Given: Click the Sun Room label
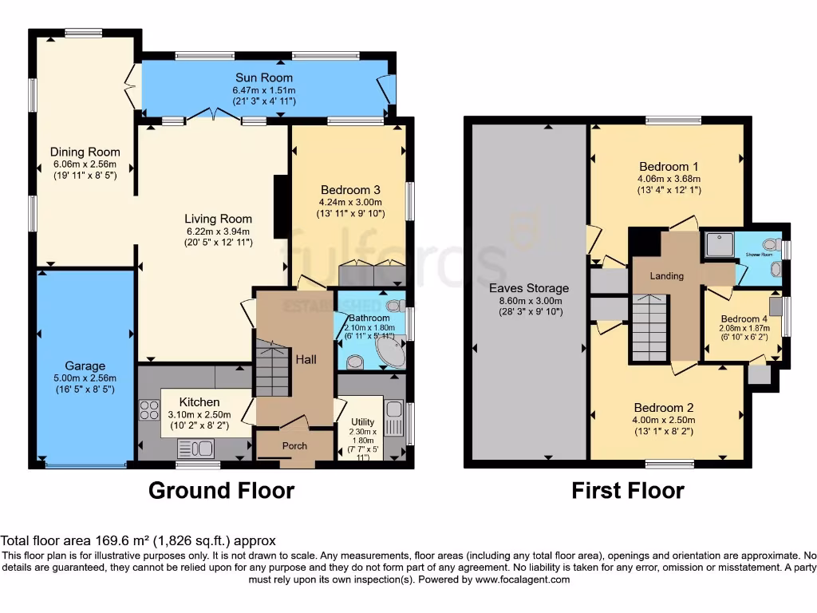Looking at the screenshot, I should tap(263, 77).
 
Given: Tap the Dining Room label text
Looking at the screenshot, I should tap(85, 152).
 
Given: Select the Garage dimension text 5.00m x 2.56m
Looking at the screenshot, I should tap(85, 378).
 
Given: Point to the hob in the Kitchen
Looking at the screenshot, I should tap(149, 409).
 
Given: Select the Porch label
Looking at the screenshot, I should tap(294, 445).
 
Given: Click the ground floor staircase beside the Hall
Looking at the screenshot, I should tap(274, 367).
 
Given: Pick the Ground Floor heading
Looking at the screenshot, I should tap(221, 490).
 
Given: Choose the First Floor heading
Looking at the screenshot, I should tap(627, 490).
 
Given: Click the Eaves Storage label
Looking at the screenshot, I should tap(529, 288).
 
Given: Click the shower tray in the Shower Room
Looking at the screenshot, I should tap(716, 244).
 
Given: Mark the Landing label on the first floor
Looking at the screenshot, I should tap(666, 276).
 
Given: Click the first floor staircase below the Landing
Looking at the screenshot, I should tap(649, 327).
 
